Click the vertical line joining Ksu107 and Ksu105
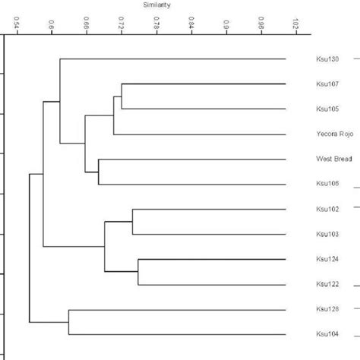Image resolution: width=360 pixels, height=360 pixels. (x=122, y=96)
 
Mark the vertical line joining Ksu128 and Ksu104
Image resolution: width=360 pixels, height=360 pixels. (x=69, y=321)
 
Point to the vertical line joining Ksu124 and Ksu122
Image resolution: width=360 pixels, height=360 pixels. (x=137, y=272)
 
